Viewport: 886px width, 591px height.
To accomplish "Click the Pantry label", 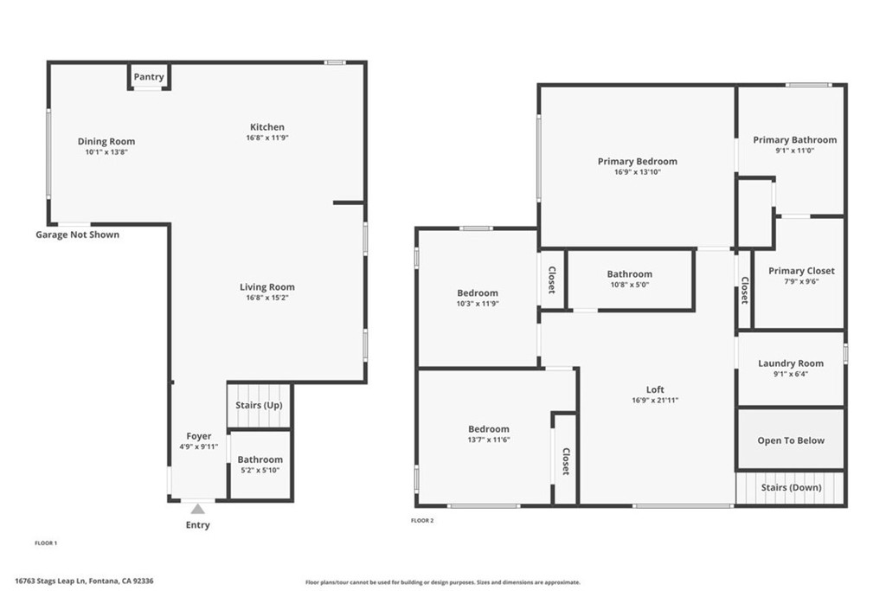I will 149,77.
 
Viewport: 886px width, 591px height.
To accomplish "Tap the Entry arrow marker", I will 198,510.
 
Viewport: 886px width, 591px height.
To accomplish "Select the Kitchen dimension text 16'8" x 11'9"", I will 267,138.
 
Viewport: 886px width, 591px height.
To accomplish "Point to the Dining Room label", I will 106,142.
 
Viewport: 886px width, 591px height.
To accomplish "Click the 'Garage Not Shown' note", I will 77,234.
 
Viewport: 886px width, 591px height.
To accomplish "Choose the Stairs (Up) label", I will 260,406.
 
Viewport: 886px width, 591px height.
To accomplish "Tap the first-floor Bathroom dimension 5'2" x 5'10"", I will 260,471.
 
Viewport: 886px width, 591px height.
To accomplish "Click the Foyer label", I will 199,436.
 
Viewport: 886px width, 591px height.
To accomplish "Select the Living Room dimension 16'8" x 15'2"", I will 267,298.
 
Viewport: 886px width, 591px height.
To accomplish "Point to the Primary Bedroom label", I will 638,161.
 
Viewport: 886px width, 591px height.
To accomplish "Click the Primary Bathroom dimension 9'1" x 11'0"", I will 794,151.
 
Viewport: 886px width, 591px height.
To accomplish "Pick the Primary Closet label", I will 801,271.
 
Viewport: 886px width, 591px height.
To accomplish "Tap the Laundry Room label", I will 791,363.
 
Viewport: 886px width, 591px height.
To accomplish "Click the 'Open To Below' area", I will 791,440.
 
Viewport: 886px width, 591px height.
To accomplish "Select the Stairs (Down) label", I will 791,487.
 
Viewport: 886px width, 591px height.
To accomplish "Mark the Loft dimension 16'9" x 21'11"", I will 655,400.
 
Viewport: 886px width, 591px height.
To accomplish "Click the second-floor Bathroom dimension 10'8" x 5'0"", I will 629,285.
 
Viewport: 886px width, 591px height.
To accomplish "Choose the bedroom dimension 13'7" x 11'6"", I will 489,440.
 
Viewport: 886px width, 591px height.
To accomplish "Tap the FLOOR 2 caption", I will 421,521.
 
